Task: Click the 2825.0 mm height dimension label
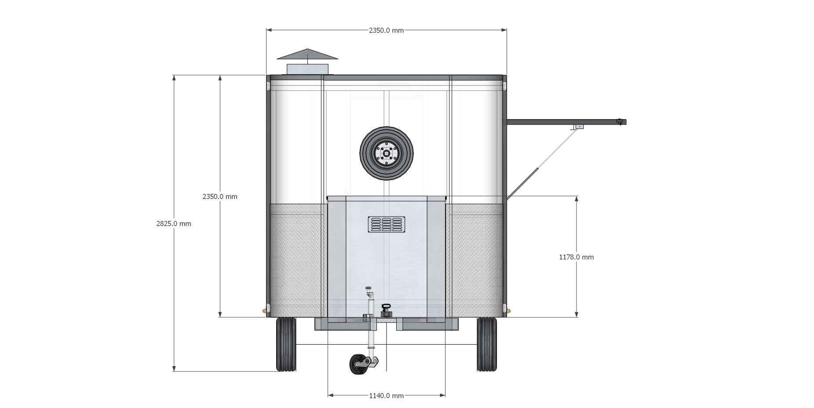click(174, 224)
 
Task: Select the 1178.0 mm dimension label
click(576, 257)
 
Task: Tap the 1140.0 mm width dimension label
click(386, 396)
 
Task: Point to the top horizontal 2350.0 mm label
click(386, 30)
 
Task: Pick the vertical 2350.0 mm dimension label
click(220, 196)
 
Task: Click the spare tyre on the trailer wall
click(387, 153)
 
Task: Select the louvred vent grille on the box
click(387, 224)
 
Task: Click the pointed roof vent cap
click(307, 54)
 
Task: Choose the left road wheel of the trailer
click(286, 344)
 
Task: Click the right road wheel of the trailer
click(487, 344)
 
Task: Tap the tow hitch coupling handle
click(386, 307)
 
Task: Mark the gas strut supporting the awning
click(541, 165)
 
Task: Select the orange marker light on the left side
click(265, 312)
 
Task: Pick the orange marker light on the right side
click(509, 312)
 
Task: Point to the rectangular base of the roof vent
click(307, 70)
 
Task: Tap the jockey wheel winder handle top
click(368, 288)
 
